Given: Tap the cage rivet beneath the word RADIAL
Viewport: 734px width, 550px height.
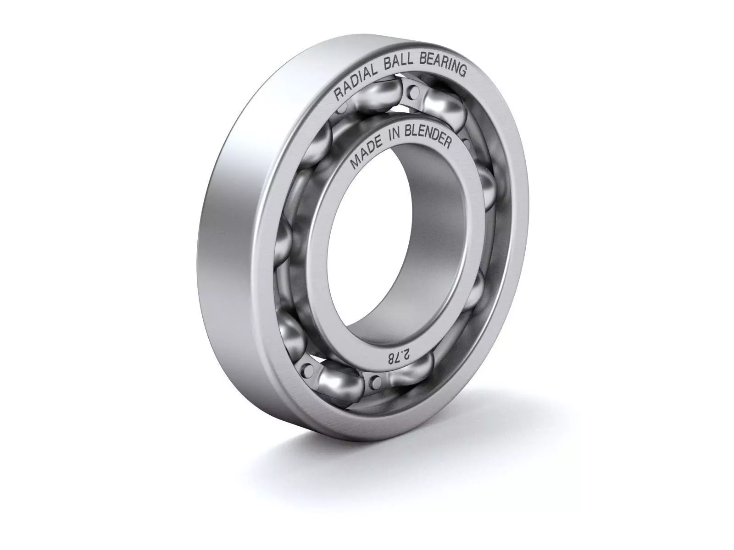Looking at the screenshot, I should click(342, 109).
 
